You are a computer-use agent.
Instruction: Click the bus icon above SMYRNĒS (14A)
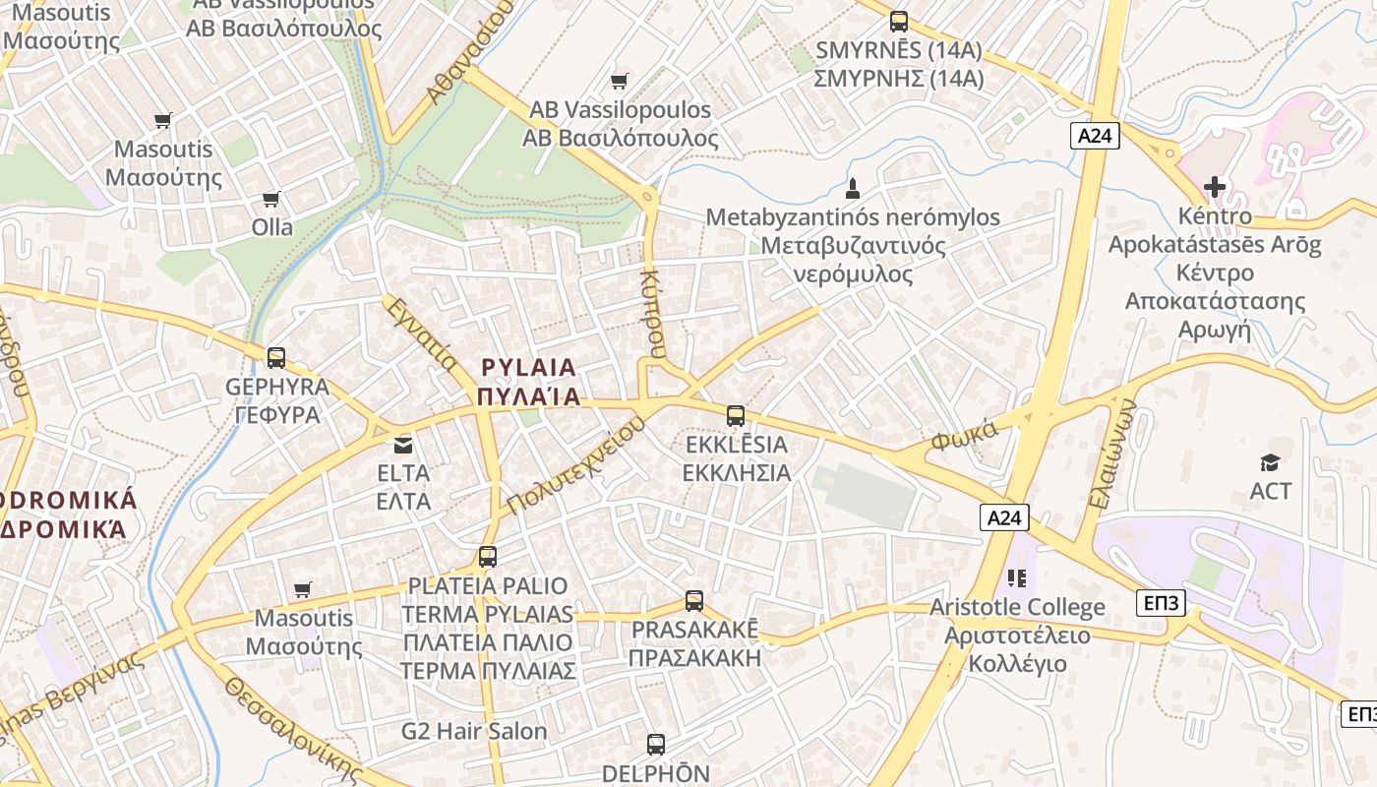[898, 21]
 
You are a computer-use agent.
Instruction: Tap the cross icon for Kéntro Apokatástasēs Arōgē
[1215, 186]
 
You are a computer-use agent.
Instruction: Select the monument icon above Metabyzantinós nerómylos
[853, 187]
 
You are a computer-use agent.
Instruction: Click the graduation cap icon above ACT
[1270, 461]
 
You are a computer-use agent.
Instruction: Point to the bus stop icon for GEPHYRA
[276, 357]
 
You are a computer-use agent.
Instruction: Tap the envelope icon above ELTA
[403, 445]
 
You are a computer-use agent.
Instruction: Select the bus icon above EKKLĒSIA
[736, 416]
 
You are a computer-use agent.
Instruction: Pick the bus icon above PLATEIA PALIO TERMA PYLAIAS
[487, 557]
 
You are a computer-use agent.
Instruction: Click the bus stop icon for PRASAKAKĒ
[694, 600]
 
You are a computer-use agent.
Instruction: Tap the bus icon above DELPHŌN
[656, 745]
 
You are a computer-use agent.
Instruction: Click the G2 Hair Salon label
[474, 731]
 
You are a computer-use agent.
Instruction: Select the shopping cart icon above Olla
[271, 199]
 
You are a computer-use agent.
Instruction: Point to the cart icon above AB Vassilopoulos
[619, 81]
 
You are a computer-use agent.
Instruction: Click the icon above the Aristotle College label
[1017, 577]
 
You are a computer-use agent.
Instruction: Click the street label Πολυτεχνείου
[576, 463]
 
